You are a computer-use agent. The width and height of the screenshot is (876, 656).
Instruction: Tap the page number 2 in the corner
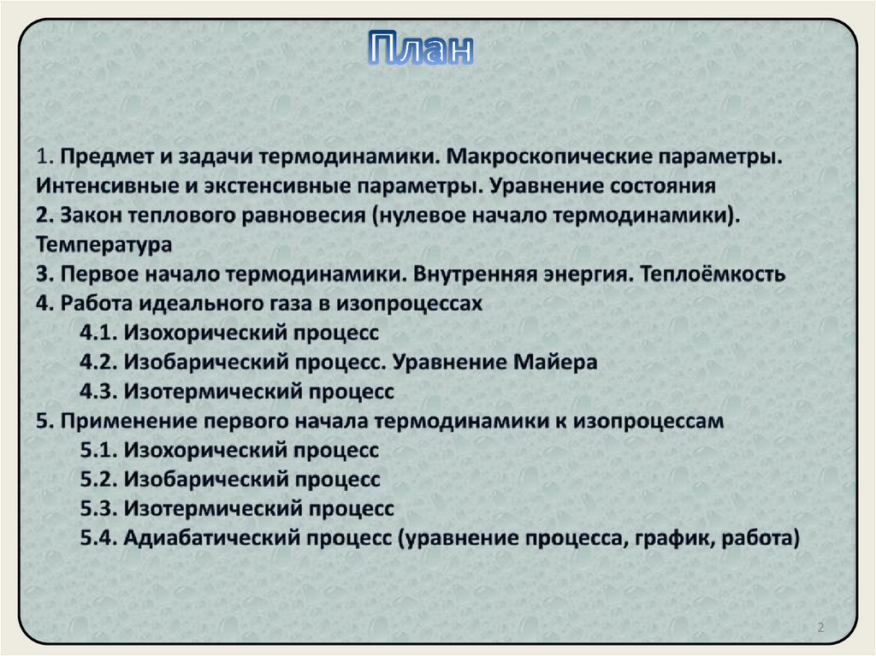coord(820,629)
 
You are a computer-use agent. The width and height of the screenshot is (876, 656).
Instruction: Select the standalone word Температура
coord(104,245)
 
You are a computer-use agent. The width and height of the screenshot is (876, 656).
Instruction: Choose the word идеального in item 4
coord(186,304)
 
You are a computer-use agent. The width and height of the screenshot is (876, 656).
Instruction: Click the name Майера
coord(556,362)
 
